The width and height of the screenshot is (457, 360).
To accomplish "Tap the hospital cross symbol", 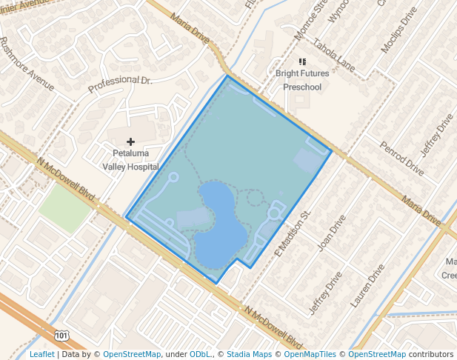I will pyautogui.click(x=131, y=141).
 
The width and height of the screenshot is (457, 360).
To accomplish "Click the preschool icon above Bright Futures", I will pyautogui.click(x=301, y=61).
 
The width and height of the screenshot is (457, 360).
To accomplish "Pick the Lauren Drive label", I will pyautogui.click(x=368, y=285).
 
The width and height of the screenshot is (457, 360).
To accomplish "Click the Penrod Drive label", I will pyautogui.click(x=401, y=158).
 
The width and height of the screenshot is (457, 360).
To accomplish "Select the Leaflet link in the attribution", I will pyautogui.click(x=42, y=354).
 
